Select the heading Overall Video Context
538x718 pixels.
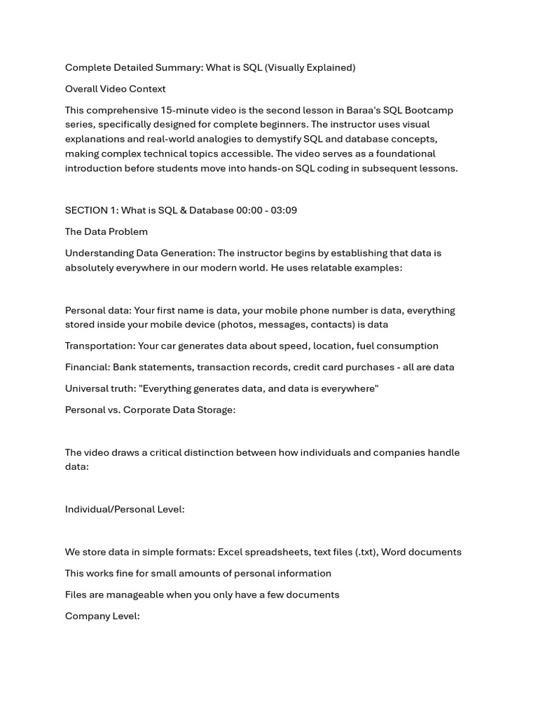(116, 89)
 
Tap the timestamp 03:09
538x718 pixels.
(282, 210)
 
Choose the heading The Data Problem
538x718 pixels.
(106, 231)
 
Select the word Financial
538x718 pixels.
(87, 367)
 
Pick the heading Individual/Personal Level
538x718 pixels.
(125, 509)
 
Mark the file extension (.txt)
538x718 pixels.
(360, 552)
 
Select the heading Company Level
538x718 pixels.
(102, 616)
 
